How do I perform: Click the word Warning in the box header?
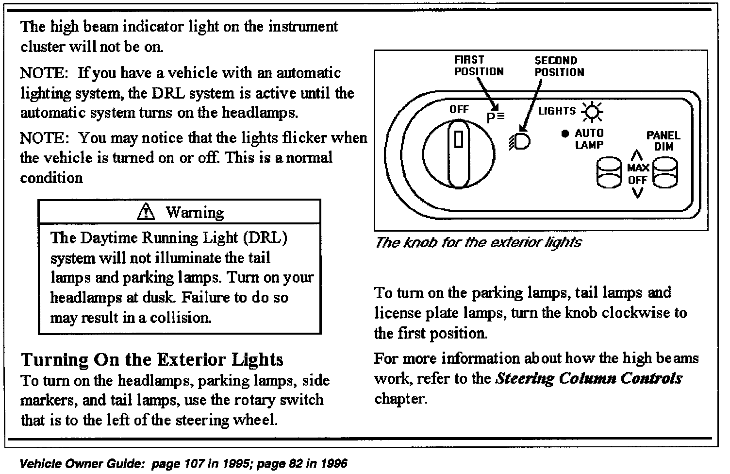(x=195, y=212)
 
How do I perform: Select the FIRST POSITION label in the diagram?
(x=479, y=66)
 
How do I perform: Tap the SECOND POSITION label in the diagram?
(x=559, y=67)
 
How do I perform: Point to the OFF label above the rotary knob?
(x=459, y=109)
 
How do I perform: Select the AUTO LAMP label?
(x=589, y=138)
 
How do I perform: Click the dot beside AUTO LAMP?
(x=564, y=134)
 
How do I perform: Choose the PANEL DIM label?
(x=663, y=140)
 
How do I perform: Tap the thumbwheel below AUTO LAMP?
(x=608, y=172)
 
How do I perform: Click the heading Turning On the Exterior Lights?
(x=152, y=360)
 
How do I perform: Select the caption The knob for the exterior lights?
(x=478, y=242)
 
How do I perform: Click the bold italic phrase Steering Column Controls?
(x=588, y=378)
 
